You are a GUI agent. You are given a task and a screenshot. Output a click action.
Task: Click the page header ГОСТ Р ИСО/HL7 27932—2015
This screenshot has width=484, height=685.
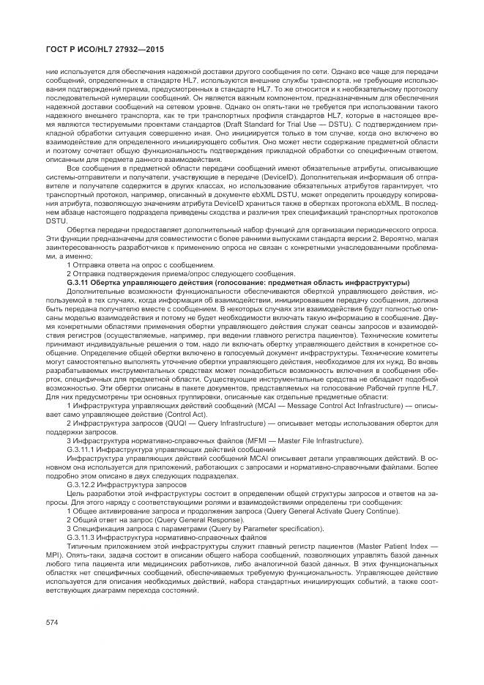(x=95, y=49)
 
